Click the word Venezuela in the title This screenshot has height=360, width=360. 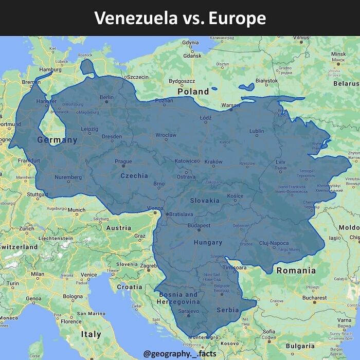(x=135, y=18)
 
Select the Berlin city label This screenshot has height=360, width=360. (x=106, y=97)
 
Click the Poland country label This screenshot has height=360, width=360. (x=193, y=92)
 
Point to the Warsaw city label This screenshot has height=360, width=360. (x=230, y=105)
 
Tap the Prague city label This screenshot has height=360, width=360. (x=123, y=161)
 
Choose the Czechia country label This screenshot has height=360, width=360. (x=134, y=175)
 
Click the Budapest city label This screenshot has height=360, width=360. (x=199, y=225)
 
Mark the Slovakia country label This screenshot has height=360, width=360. (x=205, y=201)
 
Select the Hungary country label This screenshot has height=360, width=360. (x=208, y=242)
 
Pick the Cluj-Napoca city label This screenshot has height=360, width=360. (x=274, y=243)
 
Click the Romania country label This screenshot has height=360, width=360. (x=296, y=271)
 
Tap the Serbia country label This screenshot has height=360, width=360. (x=228, y=310)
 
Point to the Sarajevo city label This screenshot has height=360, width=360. (x=188, y=311)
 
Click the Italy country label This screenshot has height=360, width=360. (x=91, y=334)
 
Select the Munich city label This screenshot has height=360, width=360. (x=76, y=210)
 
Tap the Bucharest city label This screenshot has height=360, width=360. (x=315, y=297)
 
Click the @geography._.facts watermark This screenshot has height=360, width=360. (x=179, y=353)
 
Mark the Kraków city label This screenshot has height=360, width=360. (x=213, y=161)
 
